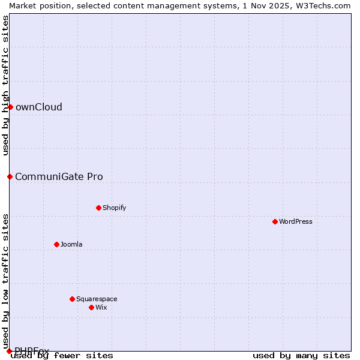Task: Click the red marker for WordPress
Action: [275, 221]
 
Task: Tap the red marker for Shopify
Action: [98, 208]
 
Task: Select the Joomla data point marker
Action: [56, 244]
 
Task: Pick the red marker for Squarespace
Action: [72, 299]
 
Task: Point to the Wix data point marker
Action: [91, 307]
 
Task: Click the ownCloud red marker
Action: [10, 107]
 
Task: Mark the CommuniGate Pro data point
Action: [10, 176]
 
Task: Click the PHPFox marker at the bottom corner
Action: [9, 351]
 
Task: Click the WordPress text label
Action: [296, 221]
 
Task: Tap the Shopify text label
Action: [114, 208]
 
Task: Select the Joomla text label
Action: [71, 244]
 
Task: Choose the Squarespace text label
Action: [97, 299]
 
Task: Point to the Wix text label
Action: [101, 307]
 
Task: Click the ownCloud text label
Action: [39, 107]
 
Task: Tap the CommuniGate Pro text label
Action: [59, 176]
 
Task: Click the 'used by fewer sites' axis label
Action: [62, 355]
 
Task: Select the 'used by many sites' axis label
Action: [301, 355]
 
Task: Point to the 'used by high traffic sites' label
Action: [5, 85]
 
